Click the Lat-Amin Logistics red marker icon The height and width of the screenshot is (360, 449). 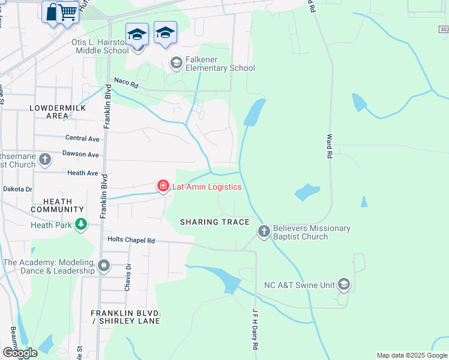click(x=163, y=187)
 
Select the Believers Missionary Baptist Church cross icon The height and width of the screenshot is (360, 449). click(x=264, y=231)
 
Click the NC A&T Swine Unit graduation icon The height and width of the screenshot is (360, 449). click(x=343, y=284)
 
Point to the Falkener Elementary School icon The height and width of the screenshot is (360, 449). click(x=176, y=62)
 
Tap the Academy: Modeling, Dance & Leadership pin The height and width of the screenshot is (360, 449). click(x=104, y=265)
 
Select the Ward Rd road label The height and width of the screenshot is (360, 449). click(x=329, y=146)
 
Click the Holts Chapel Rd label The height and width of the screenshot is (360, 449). click(x=131, y=240)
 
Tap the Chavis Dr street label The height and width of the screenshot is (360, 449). click(x=127, y=277)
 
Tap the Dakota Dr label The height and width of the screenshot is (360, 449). click(x=17, y=188)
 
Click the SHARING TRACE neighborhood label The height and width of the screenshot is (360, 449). click(x=215, y=222)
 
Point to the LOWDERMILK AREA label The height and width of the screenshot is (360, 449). click(x=58, y=112)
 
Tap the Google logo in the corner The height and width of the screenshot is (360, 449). click(x=20, y=353)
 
